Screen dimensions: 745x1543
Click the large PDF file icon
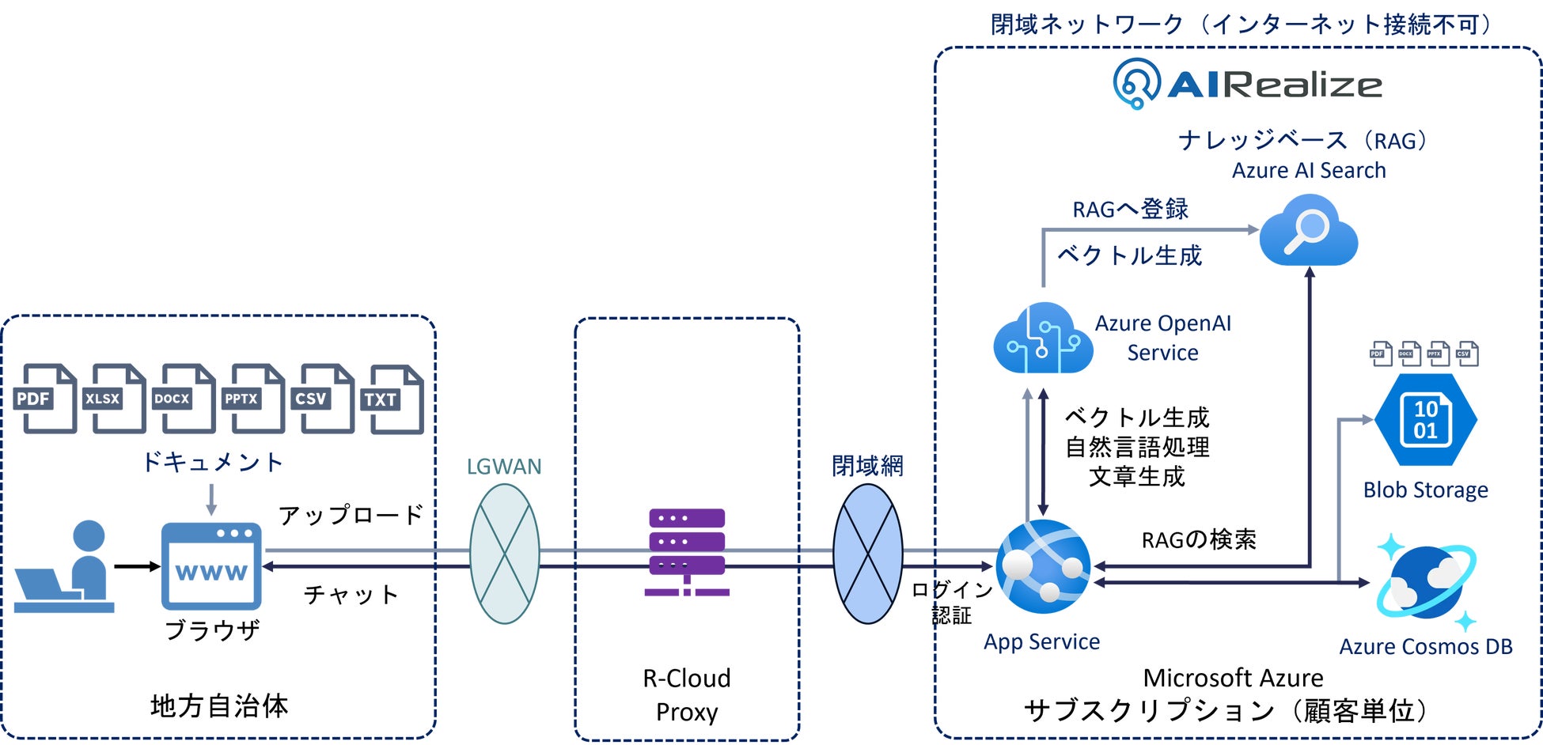pos(47,399)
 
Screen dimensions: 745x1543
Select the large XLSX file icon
pos(117,399)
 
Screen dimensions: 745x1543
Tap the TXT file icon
pos(396,399)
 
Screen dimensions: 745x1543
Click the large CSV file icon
pos(325,399)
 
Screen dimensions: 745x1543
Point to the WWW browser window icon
pos(211,566)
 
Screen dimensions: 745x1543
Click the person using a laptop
pos(67,567)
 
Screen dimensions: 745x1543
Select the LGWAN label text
pos(504,467)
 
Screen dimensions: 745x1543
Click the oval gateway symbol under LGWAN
pos(505,554)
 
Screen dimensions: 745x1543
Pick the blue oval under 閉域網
pos(868,554)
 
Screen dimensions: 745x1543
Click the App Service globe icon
pos(1043,566)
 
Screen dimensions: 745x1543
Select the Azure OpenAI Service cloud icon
pos(1043,338)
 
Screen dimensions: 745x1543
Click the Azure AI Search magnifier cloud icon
pos(1308,230)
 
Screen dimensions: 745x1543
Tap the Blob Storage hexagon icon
pos(1425,420)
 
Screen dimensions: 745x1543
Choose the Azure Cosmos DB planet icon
pos(1426,583)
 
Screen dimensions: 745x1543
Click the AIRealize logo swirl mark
pos(1136,83)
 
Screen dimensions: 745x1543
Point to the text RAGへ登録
pos(1130,210)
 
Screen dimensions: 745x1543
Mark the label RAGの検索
pos(1199,540)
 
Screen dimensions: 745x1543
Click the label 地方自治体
pos(219,705)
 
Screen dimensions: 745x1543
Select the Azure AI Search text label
pos(1309,171)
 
